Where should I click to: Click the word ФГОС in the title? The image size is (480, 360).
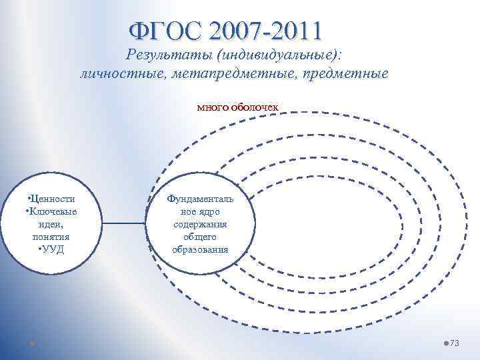pyautogui.click(x=163, y=31)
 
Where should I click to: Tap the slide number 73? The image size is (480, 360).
pyautogui.click(x=455, y=343)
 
